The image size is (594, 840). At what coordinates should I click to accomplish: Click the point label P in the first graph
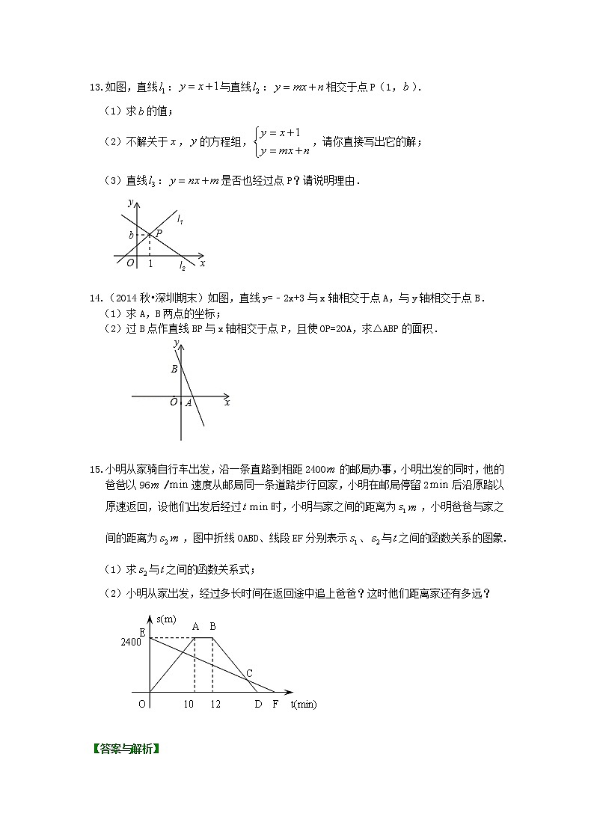tap(159, 233)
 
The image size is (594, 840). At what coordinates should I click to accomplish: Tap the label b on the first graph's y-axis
tap(131, 236)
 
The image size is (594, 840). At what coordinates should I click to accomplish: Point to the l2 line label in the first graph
tap(182, 266)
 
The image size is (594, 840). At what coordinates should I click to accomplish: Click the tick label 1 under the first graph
tap(150, 263)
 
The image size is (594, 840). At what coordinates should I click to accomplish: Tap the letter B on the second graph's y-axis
tap(174, 369)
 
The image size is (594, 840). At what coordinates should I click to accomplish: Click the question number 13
tap(95, 88)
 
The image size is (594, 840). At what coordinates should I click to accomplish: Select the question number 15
tap(95, 469)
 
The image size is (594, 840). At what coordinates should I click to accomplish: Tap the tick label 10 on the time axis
tap(189, 705)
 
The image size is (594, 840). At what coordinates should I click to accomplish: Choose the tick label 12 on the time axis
tap(215, 705)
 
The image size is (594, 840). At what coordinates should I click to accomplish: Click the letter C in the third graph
tap(248, 672)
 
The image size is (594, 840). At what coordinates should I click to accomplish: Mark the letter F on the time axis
tap(275, 705)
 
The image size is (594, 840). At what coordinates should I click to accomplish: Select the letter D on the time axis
tap(258, 705)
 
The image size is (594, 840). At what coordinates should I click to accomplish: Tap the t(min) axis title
tap(304, 705)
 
